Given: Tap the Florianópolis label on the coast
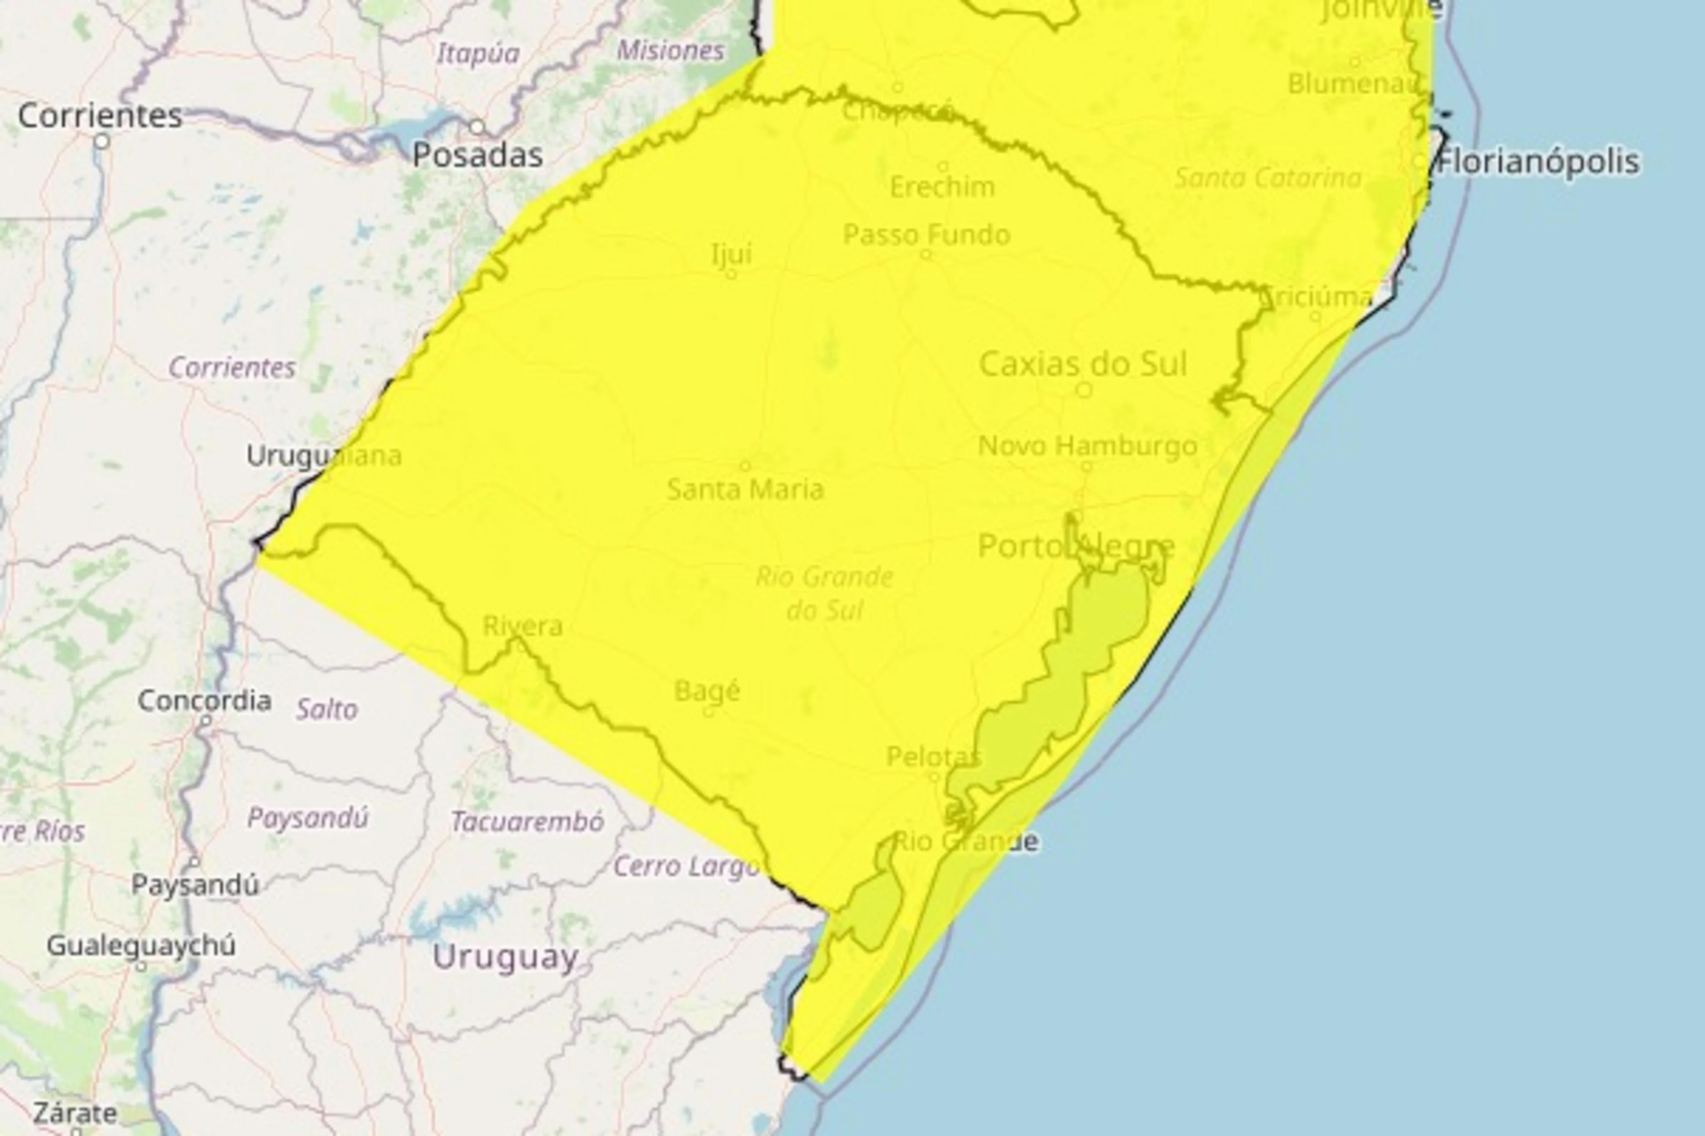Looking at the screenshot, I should pyautogui.click(x=1538, y=162).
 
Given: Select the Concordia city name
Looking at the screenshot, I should pyautogui.click(x=205, y=701).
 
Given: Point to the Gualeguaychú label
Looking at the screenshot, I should pyautogui.click(x=141, y=945).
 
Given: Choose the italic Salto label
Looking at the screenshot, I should pyautogui.click(x=327, y=709).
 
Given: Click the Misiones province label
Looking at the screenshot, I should pyautogui.click(x=670, y=51).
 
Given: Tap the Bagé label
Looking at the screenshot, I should pyautogui.click(x=707, y=691).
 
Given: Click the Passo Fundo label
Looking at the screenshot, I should pyautogui.click(x=926, y=235).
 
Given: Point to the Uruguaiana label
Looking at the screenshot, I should pyautogui.click(x=324, y=456).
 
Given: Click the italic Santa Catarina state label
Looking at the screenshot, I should pyautogui.click(x=1268, y=178).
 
